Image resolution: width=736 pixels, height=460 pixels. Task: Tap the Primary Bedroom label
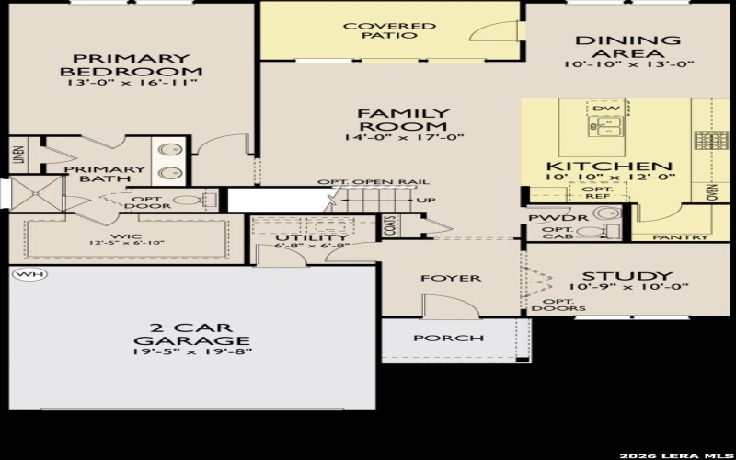coord(131,63)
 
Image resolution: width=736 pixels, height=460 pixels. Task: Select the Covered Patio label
coord(389,30)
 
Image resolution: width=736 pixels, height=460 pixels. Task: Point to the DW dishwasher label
coord(604,109)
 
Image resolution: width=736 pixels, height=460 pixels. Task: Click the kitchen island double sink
coord(606,128)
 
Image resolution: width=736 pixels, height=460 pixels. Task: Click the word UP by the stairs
coord(426,201)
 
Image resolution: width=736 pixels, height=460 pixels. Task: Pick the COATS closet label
coord(390,226)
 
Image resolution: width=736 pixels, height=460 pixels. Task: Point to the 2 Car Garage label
coord(192,334)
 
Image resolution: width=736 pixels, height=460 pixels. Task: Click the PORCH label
coord(448,338)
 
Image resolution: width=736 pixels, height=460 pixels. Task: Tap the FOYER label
coord(452,278)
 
